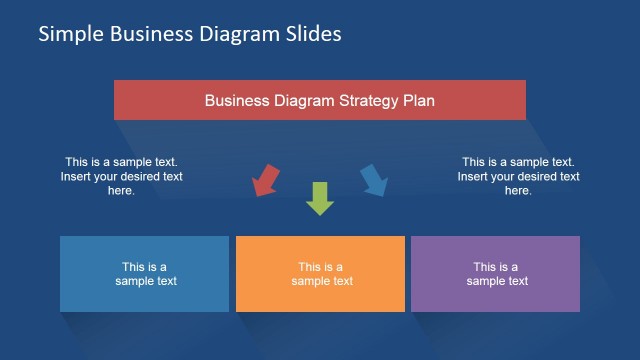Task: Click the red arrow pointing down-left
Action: [266, 180]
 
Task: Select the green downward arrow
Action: [319, 198]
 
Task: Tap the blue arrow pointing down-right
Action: [373, 179]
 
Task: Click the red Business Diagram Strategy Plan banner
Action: [319, 100]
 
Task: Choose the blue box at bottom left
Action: [144, 274]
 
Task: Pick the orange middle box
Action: [320, 274]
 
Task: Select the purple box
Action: [495, 274]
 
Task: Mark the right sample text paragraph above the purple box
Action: [518, 176]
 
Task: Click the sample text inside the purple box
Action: [497, 274]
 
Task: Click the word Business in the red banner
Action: [236, 101]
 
